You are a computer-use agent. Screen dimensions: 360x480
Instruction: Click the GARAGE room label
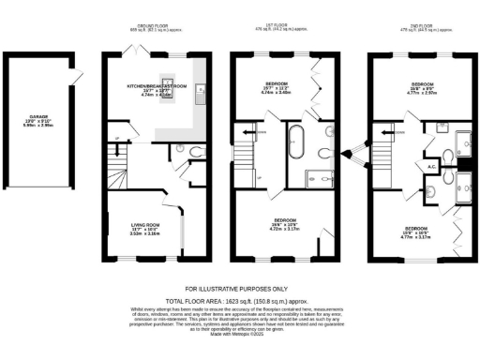(x=38, y=120)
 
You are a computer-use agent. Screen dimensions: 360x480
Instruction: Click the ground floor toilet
(x=192, y=153)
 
